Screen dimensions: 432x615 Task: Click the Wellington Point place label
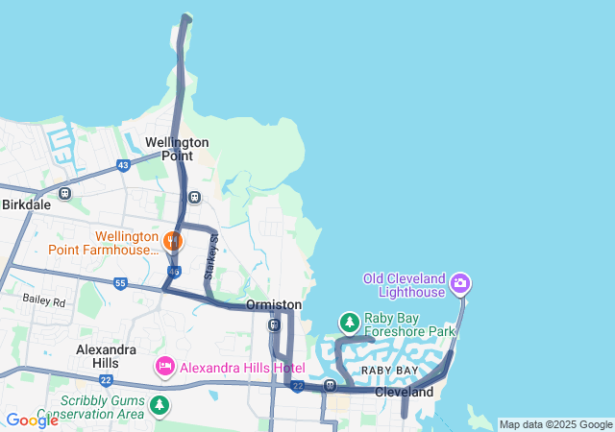(x=177, y=149)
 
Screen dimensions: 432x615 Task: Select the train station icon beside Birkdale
(x=65, y=193)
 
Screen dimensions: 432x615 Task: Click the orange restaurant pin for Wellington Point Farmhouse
(x=173, y=239)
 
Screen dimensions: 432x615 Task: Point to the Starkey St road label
(x=213, y=251)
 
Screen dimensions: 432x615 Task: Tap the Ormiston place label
(x=274, y=304)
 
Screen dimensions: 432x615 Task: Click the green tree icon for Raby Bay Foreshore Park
(x=349, y=321)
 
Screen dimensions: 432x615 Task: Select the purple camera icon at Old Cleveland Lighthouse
(x=460, y=282)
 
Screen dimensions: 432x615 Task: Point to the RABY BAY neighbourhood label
(x=389, y=371)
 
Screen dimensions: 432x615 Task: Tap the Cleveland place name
(x=404, y=393)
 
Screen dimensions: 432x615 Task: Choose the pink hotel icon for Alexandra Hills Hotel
(x=164, y=367)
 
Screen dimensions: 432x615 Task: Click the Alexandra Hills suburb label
(x=106, y=356)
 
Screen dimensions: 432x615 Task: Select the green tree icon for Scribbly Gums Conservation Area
(x=158, y=407)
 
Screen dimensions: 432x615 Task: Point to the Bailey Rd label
(x=44, y=301)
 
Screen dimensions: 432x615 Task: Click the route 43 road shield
(x=123, y=165)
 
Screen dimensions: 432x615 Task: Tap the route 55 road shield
(x=119, y=283)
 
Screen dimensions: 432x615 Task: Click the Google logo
(x=32, y=420)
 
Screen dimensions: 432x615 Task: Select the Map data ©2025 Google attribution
(x=555, y=424)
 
